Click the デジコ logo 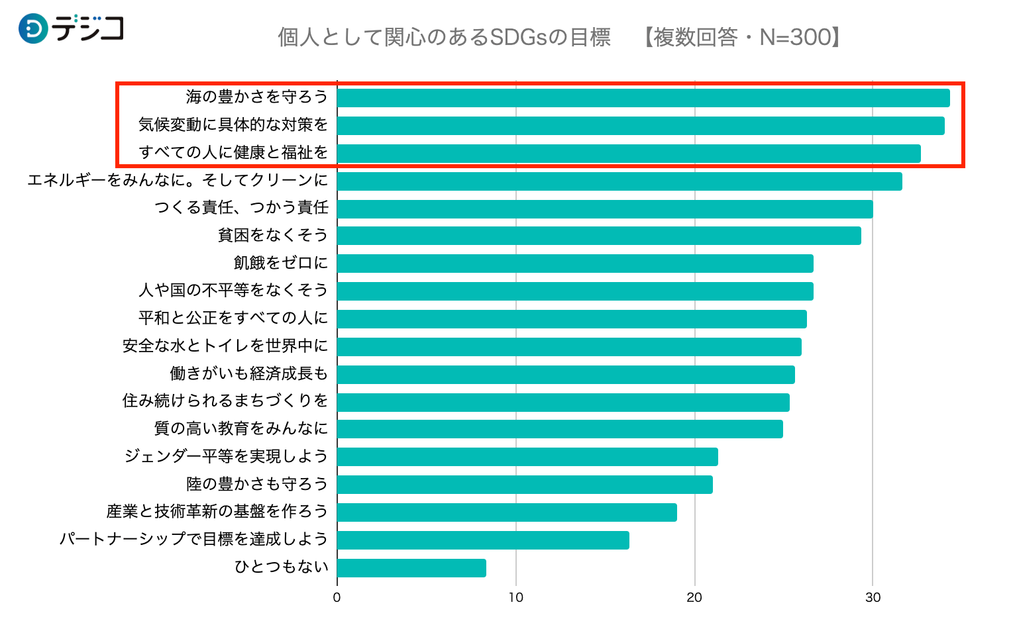71,28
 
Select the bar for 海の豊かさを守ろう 643,98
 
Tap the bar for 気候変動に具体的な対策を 640,126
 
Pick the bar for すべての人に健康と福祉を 628,154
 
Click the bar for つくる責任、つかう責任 604,209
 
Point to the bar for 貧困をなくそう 598,236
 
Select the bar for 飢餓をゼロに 574,264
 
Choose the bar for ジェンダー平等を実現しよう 527,457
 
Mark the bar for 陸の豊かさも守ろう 524,485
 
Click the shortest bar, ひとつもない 411,568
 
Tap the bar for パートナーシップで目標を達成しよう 482,540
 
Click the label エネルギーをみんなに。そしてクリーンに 178,180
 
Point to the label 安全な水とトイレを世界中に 225,346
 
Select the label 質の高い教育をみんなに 241,429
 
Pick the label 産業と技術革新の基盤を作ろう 217,512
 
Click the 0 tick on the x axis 337,598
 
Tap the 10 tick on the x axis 515,598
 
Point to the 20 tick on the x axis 694,598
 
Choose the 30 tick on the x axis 873,598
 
